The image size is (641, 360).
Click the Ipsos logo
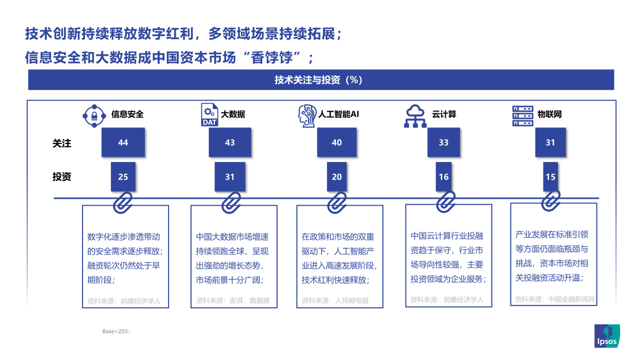click(607, 336)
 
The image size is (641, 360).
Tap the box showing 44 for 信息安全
click(123, 142)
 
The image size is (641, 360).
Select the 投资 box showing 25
click(123, 177)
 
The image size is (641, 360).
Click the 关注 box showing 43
click(230, 142)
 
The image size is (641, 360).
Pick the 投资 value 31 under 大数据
click(230, 177)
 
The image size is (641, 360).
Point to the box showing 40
click(337, 142)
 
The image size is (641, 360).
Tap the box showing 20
click(337, 177)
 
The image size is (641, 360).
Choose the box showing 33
click(443, 142)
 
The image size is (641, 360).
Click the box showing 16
click(443, 177)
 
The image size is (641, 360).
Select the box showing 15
click(551, 177)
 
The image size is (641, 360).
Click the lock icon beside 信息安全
click(94, 116)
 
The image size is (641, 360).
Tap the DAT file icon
click(210, 115)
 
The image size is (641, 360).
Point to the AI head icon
click(307, 116)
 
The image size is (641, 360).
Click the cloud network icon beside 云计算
click(415, 116)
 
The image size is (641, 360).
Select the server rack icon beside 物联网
click(523, 116)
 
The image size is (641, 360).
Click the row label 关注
click(62, 144)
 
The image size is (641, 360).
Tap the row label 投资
click(62, 177)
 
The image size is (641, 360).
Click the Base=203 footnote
click(116, 332)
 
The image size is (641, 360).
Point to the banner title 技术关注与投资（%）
click(319, 80)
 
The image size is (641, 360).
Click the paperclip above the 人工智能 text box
click(337, 202)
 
